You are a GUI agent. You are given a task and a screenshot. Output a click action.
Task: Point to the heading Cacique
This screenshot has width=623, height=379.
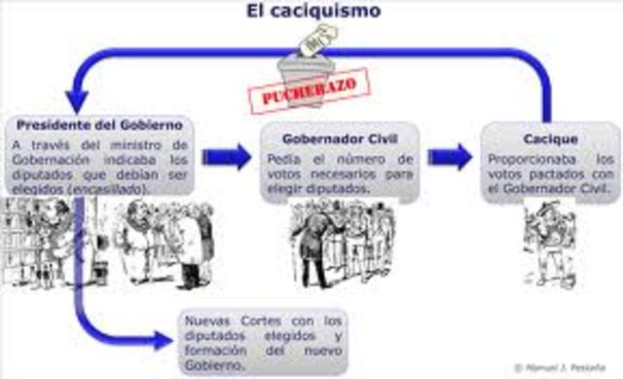(x=550, y=139)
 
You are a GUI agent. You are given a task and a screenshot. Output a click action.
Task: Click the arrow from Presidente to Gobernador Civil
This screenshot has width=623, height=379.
(x=225, y=157)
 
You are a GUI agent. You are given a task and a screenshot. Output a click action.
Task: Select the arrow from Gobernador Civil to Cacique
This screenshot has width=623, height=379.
(x=449, y=156)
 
